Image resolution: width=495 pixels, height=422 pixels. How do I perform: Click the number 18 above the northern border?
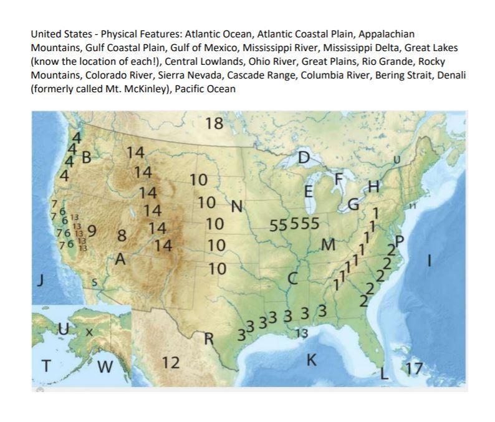(x=214, y=123)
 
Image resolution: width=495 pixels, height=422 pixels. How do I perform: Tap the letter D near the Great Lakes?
(x=303, y=158)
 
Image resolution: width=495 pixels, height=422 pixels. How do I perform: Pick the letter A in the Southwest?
(x=122, y=258)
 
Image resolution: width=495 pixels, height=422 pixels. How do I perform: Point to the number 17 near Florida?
(x=412, y=369)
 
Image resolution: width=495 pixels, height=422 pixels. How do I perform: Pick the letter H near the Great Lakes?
(x=373, y=186)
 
